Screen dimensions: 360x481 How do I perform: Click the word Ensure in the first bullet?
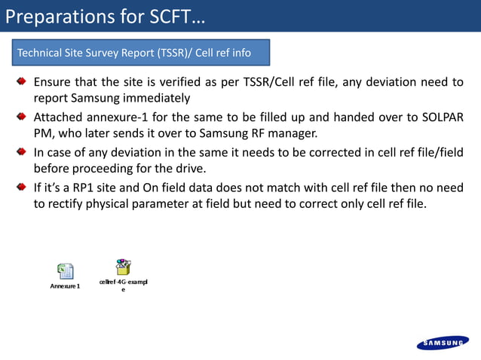[54, 82]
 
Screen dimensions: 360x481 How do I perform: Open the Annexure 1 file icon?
[66, 271]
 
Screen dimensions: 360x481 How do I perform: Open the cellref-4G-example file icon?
[123, 267]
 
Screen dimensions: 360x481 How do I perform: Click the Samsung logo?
[442, 343]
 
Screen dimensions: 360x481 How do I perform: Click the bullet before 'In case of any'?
[23, 152]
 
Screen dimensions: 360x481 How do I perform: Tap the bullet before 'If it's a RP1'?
[23, 187]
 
